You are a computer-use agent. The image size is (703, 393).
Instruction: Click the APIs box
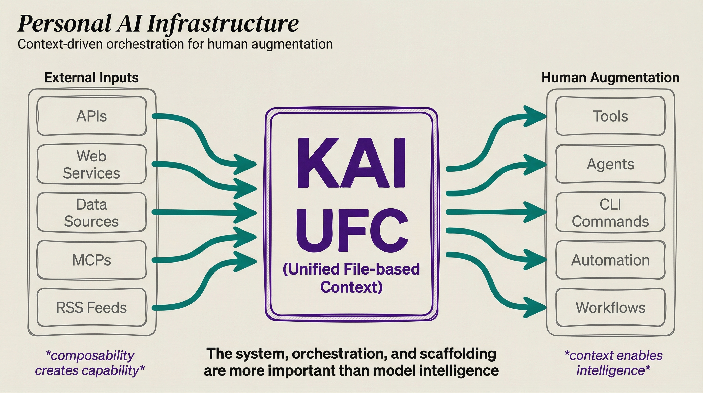coord(91,116)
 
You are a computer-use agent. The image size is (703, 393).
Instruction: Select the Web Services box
coord(91,164)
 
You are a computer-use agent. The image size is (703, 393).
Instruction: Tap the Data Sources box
coord(91,212)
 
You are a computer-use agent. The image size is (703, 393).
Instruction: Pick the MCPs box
coord(91,260)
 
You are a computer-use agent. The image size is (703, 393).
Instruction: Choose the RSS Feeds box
coord(91,308)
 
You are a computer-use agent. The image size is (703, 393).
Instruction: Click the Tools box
coord(611,116)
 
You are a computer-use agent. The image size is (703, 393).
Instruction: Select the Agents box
coord(611,164)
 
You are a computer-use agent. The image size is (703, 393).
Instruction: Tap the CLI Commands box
coord(611,212)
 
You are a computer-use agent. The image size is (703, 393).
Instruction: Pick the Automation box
coord(611,260)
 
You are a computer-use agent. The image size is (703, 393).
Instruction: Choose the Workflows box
coord(611,308)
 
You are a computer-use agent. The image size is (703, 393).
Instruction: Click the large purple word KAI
coord(351,163)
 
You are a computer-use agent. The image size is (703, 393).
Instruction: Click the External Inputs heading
coord(92,78)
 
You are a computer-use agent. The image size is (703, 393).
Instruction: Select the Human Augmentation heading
coord(611,78)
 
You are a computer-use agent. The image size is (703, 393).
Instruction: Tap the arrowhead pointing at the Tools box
coord(535,116)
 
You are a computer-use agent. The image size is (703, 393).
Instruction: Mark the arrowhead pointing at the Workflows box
coord(535,308)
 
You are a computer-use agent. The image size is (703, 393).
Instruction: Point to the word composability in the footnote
coord(92,356)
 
